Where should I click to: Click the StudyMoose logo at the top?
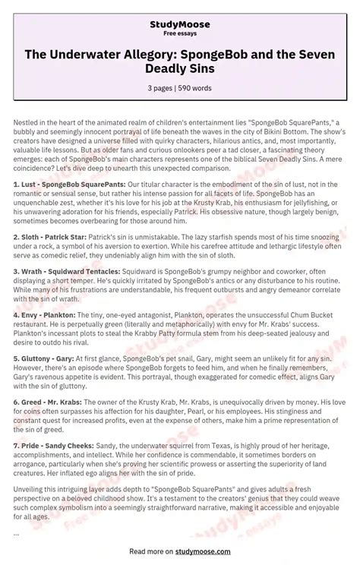click(179, 24)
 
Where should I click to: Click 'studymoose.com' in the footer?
click(198, 551)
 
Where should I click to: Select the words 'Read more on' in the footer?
click(149, 551)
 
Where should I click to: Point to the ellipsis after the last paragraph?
click(17, 533)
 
